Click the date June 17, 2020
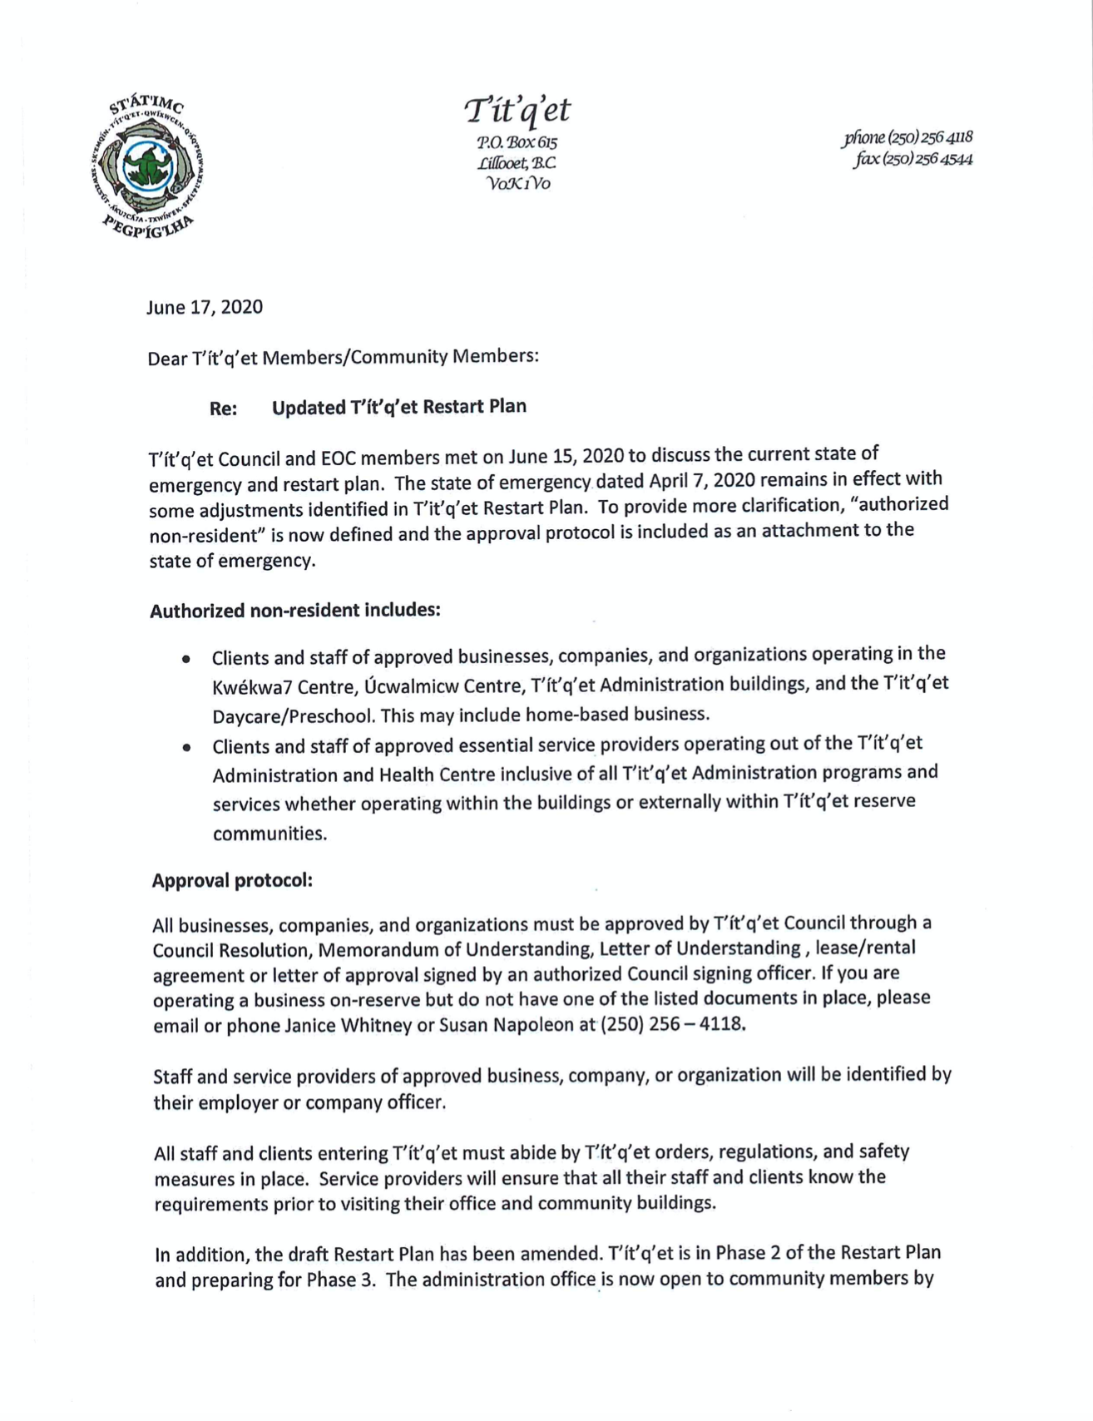(x=205, y=307)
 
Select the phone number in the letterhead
(x=908, y=137)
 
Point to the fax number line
(x=912, y=159)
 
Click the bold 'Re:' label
(x=223, y=408)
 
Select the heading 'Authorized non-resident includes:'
(x=294, y=611)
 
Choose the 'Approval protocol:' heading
(x=232, y=880)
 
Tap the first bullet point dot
(x=187, y=659)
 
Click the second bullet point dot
(x=187, y=747)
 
